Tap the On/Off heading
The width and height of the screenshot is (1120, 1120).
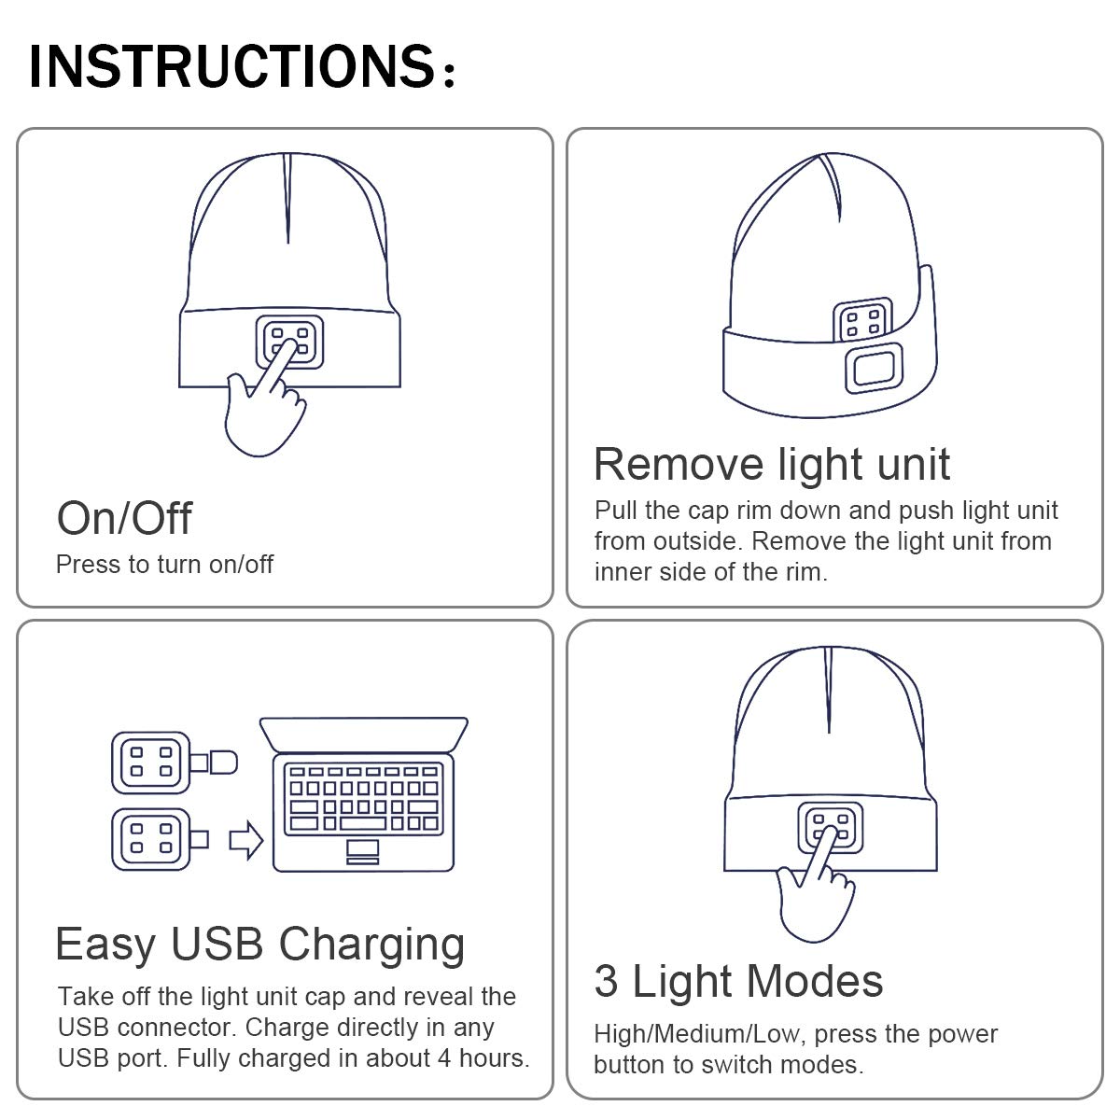point(124,518)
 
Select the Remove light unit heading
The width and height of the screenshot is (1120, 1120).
point(772,464)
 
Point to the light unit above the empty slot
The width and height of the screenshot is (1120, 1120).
point(862,322)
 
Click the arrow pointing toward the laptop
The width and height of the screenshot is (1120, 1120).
point(246,838)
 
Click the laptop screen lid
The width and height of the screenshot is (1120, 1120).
point(364,734)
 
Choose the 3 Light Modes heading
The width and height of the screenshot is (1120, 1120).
point(738,981)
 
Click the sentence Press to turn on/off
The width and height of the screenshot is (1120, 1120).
point(164,565)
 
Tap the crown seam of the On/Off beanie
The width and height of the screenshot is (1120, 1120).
point(287,196)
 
